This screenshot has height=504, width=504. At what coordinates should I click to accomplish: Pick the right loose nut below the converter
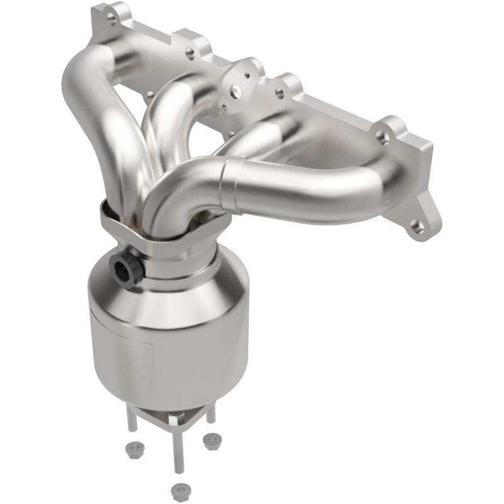(210, 442)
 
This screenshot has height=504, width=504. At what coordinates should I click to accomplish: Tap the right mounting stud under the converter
(210, 413)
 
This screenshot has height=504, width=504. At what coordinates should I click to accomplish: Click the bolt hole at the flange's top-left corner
(112, 19)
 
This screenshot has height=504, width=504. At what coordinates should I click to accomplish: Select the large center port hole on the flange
(236, 93)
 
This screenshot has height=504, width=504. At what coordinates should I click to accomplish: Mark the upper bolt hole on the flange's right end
(382, 134)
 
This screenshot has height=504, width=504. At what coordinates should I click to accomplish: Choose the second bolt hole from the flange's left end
(190, 53)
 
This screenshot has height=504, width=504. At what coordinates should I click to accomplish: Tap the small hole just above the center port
(248, 75)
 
